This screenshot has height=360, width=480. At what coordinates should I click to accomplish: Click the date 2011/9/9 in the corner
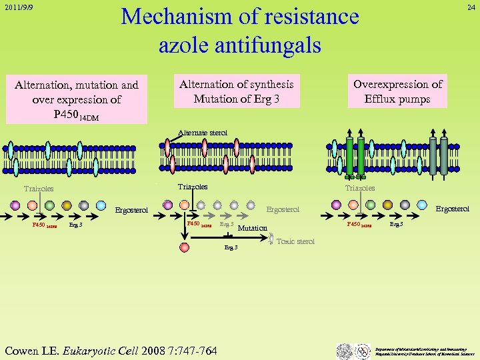point(18,9)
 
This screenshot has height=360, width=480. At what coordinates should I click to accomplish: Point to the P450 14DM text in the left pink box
point(77,115)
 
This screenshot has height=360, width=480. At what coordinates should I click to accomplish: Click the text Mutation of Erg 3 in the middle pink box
point(236,99)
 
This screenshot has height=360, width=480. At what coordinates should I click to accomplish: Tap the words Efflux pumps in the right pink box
point(397,99)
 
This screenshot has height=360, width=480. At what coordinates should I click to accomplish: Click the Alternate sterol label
point(205,133)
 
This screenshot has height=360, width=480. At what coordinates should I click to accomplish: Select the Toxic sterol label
point(295,241)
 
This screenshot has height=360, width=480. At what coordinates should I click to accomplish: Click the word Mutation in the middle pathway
point(253,228)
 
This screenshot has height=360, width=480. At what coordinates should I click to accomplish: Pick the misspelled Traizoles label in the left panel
point(39,189)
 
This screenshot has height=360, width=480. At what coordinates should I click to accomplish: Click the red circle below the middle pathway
point(185,247)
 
